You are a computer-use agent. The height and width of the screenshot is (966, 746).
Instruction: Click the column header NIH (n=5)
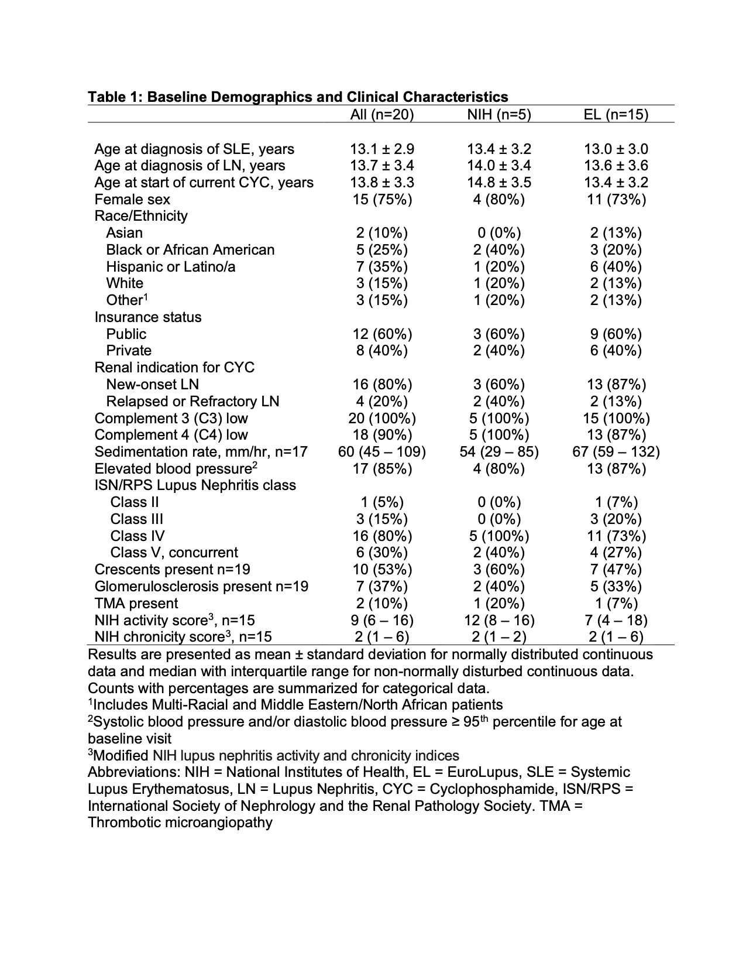click(499, 115)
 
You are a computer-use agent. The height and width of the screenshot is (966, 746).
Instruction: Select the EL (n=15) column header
click(616, 115)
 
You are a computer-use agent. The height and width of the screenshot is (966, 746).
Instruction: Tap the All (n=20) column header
click(381, 115)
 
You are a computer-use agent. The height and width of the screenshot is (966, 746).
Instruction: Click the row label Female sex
click(132, 199)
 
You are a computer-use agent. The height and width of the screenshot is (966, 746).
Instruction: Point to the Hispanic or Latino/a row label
click(171, 266)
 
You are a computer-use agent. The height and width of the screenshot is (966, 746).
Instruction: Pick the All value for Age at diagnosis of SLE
click(381, 149)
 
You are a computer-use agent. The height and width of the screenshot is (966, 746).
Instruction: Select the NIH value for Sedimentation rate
click(499, 452)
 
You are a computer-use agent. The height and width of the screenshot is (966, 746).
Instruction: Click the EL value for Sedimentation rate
click(616, 452)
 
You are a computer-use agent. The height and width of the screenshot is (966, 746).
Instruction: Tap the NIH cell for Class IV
click(499, 536)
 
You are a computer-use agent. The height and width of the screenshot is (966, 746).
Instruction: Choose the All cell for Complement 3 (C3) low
click(381, 418)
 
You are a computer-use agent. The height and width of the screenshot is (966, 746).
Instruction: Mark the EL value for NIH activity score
click(616, 621)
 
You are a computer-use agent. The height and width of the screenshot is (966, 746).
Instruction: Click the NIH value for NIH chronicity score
click(499, 637)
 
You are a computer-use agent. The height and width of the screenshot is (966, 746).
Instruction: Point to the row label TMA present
click(136, 604)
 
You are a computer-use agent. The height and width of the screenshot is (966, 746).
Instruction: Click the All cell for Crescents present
click(381, 570)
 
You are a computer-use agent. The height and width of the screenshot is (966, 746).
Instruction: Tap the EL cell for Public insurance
click(616, 334)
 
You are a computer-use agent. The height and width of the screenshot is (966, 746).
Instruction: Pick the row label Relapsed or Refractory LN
click(192, 402)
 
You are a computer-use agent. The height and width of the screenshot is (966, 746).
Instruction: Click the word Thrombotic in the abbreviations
click(124, 823)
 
